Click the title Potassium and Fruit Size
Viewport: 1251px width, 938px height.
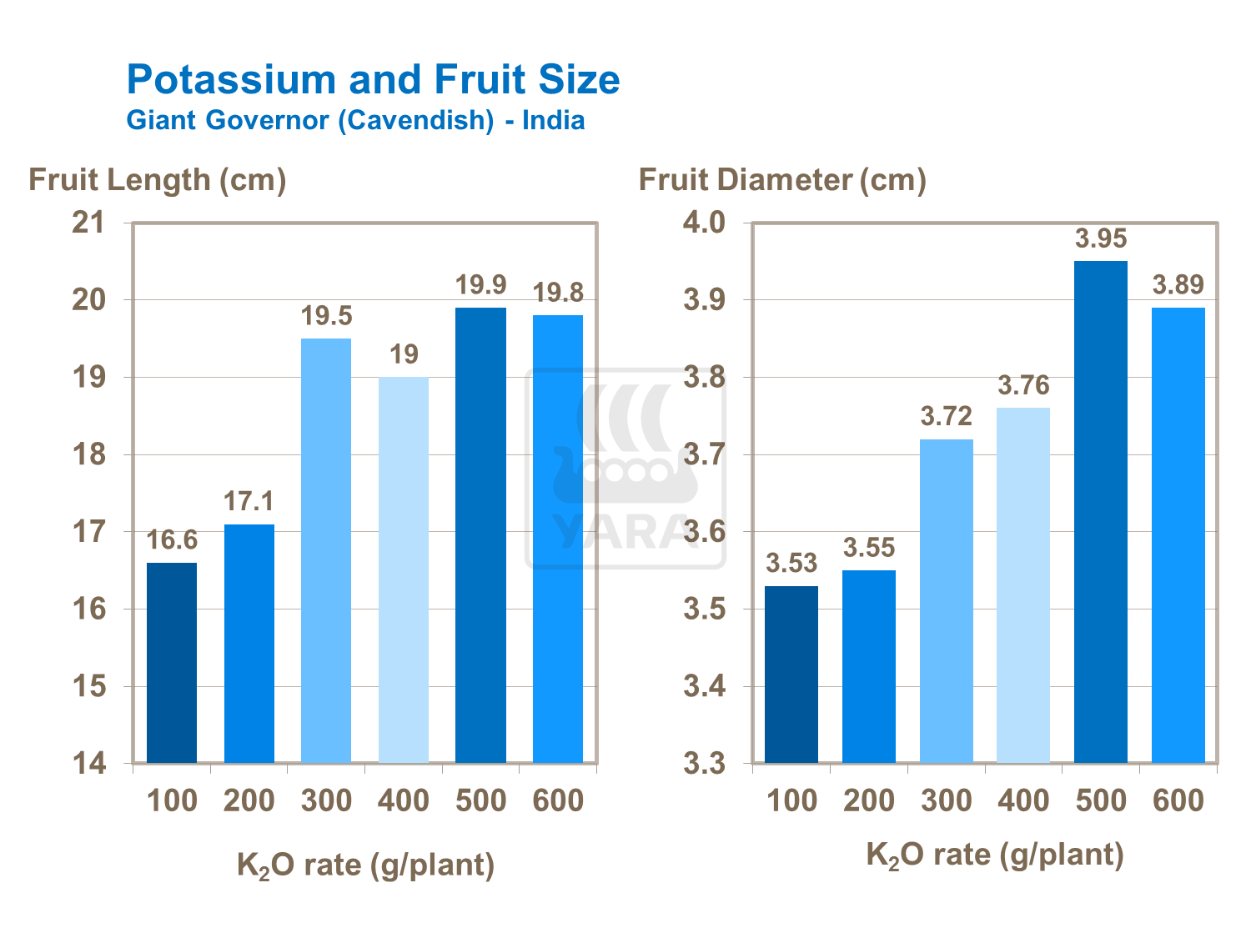373,80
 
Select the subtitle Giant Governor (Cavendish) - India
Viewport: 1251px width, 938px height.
355,120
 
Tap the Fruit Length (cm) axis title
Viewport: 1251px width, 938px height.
158,179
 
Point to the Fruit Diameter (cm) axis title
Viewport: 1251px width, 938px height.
782,179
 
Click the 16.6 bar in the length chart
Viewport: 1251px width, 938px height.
172,663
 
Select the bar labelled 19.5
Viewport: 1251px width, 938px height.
326,550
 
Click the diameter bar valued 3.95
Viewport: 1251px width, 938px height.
1101,512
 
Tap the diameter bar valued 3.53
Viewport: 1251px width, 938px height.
791,675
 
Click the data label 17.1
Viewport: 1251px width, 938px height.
249,501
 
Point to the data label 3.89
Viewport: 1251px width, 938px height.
1178,285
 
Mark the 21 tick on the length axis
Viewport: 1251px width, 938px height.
89,223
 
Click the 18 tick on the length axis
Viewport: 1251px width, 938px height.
89,454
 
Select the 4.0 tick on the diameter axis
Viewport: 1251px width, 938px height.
705,223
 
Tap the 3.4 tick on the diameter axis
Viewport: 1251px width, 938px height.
705,687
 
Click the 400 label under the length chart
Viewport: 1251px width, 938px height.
404,800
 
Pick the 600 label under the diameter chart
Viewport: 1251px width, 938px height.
1178,800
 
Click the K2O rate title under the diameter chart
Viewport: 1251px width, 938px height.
995,855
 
